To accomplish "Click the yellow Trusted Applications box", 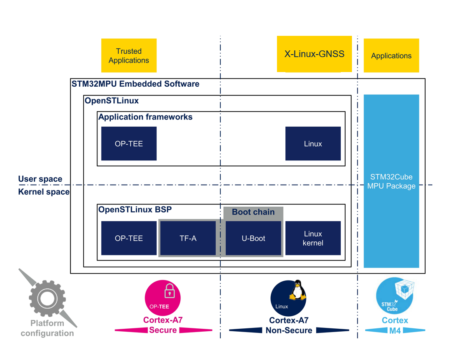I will click(129, 55).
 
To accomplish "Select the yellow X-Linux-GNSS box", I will click(314, 54).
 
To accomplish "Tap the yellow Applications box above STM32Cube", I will click(391, 55).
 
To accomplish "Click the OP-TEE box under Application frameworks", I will click(129, 144).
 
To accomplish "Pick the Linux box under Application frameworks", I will click(313, 144).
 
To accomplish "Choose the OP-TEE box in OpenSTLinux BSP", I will click(129, 238).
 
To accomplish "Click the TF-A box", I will click(187, 238).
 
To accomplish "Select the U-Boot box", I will click(253, 238).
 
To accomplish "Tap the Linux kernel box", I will click(313, 238).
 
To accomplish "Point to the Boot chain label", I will click(253, 212).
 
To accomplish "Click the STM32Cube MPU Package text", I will click(391, 181).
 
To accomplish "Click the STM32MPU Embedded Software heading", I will click(135, 84).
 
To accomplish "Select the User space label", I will click(40, 179).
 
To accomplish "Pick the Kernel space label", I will click(44, 192).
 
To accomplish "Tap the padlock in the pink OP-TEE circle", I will click(169, 291).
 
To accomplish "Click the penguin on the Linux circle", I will click(297, 290).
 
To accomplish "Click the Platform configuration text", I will click(47, 328).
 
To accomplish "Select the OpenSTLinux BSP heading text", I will click(135, 210).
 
